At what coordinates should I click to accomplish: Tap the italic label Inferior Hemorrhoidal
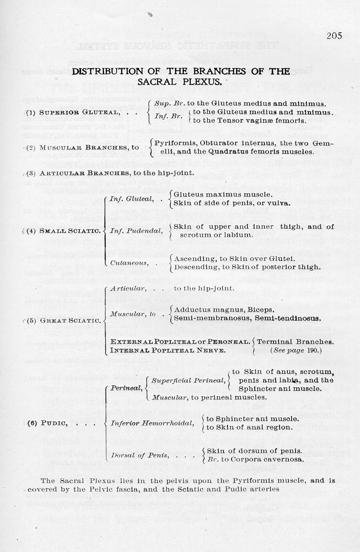click(x=152, y=423)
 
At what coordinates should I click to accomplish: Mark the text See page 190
click(x=296, y=350)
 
